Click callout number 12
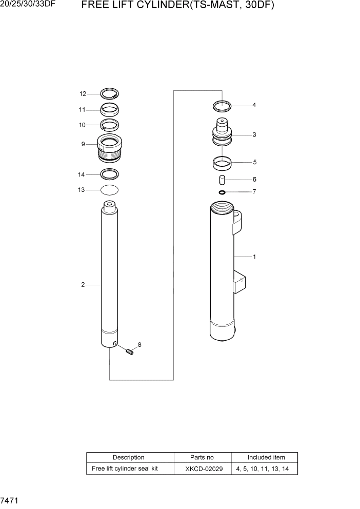tap(83, 94)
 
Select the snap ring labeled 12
tap(109, 93)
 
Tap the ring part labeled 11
tap(109, 109)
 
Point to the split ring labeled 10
tap(109, 125)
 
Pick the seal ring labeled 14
tap(109, 173)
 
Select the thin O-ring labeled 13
tap(109, 190)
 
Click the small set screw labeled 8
tap(130, 351)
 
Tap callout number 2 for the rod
tap(83, 285)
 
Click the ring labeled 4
tap(222, 106)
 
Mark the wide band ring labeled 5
tap(222, 164)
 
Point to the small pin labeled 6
tap(222, 180)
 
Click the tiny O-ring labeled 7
tap(222, 192)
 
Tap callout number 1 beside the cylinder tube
tap(254, 257)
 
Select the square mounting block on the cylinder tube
tap(239, 283)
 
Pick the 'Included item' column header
tap(266, 457)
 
